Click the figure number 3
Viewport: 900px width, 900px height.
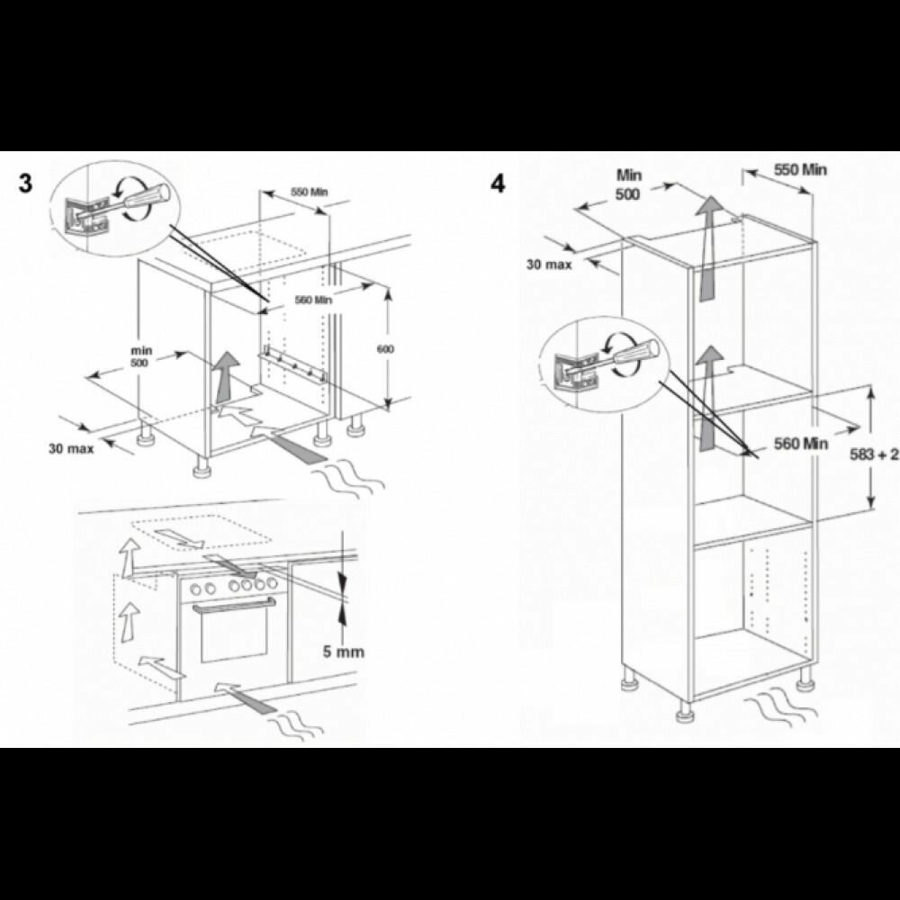click(x=26, y=184)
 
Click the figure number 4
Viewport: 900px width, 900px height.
click(x=499, y=184)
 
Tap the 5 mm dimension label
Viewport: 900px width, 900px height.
click(x=343, y=652)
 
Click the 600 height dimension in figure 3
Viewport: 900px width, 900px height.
click(x=386, y=349)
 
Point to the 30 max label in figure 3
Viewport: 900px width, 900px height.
click(x=70, y=448)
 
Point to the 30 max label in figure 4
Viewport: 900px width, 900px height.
click(x=549, y=265)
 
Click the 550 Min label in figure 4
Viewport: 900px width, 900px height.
click(x=801, y=169)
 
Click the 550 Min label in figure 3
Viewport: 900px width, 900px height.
click(x=310, y=192)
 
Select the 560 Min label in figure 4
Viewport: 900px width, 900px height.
click(x=801, y=443)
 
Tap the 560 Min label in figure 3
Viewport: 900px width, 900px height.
click(x=313, y=300)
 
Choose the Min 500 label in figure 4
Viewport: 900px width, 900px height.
click(x=628, y=184)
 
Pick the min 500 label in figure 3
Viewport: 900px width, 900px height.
click(x=141, y=356)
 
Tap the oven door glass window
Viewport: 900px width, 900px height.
click(x=234, y=636)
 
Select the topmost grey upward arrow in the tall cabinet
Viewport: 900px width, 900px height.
click(x=709, y=247)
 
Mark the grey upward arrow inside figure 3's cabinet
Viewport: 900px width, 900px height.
click(x=227, y=376)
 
